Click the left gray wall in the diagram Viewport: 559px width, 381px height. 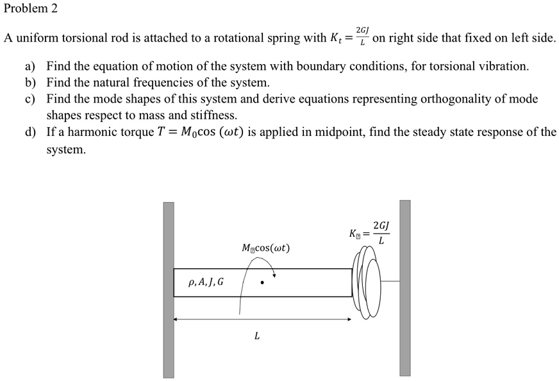click(168, 289)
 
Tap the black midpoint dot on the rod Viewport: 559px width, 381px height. click(262, 282)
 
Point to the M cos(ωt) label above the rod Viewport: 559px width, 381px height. click(265, 248)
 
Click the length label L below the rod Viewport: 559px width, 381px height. click(256, 335)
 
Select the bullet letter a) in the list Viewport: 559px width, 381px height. click(29, 66)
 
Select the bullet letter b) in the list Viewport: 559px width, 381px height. click(29, 83)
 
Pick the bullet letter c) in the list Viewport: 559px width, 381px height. click(29, 99)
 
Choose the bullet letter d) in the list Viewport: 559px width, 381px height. click(29, 133)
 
